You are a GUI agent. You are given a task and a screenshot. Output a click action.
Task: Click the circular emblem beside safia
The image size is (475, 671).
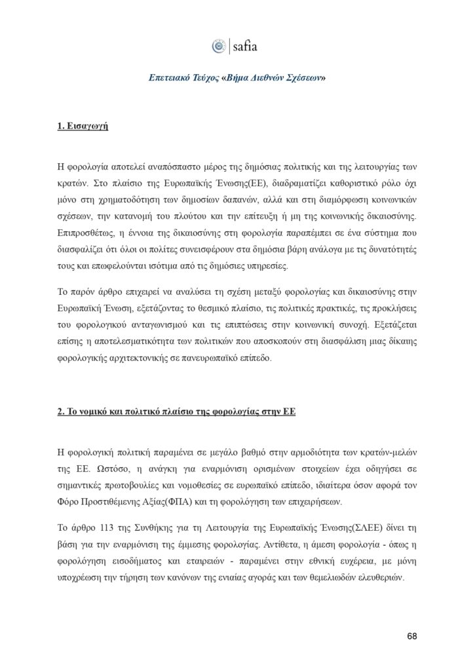point(219,47)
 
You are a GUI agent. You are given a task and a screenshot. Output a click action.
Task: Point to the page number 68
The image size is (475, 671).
point(411,636)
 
